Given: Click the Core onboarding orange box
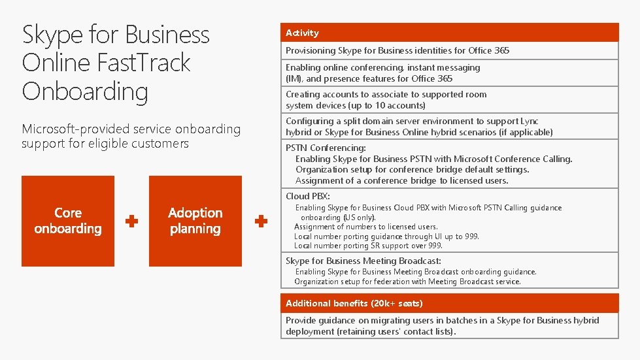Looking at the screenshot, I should click(68, 221).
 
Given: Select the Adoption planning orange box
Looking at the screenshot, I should click(195, 221).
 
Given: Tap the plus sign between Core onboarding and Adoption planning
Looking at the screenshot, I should click(131, 221).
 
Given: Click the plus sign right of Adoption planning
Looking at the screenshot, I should click(261, 221).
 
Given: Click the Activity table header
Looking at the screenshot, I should click(302, 33).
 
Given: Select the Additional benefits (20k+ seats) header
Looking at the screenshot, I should click(354, 303).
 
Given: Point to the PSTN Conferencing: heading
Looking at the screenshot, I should click(326, 148).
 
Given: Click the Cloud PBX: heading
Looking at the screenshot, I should click(308, 196).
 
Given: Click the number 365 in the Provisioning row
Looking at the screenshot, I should click(501, 50).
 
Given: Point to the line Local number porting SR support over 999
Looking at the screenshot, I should click(368, 246).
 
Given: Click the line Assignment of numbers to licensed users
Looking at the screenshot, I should click(366, 227).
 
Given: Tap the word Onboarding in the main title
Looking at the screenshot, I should click(85, 91).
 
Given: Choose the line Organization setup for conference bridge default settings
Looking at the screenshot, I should click(412, 169).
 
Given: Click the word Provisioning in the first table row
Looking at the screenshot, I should click(311, 50).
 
